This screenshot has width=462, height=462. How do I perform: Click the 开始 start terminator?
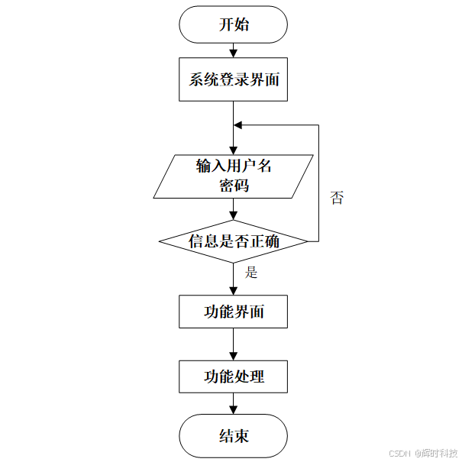[x=233, y=24]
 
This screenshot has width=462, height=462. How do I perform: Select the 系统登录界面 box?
[x=233, y=79]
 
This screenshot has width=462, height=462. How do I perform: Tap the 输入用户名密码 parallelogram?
[x=233, y=176]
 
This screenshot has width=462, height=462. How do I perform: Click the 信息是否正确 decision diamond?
[x=233, y=241]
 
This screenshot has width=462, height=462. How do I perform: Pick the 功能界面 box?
[x=233, y=312]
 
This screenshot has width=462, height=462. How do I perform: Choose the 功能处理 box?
[x=233, y=376]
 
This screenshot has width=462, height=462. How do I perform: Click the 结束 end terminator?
[x=233, y=437]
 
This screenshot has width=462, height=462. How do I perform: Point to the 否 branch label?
[x=337, y=199]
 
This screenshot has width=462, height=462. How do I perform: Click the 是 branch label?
[x=251, y=273]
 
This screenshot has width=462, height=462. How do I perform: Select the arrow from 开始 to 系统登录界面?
[x=233, y=50]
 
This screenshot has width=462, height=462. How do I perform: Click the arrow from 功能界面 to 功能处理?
[x=233, y=344]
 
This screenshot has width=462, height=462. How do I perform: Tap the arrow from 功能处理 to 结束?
[x=233, y=404]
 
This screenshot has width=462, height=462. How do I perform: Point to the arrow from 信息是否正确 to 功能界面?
[x=233, y=279]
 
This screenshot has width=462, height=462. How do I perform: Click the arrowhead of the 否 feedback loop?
[x=238, y=124]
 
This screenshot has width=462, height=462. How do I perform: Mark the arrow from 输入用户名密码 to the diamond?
[x=233, y=209]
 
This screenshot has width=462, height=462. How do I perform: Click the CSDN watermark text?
[x=400, y=453]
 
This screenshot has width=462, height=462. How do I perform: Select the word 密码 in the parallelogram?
[x=233, y=186]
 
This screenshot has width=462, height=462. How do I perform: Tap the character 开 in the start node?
[x=226, y=24]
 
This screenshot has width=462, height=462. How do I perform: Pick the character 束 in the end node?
[x=241, y=437]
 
